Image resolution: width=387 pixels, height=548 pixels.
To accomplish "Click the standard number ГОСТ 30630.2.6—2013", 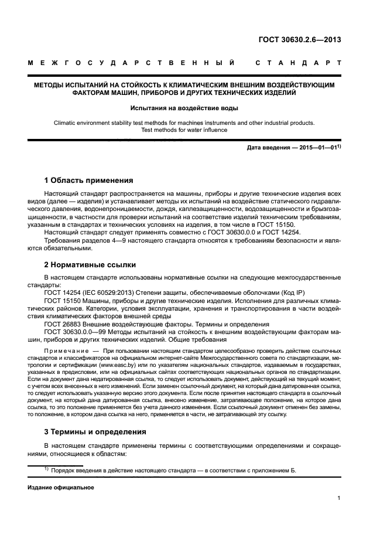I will (x=300, y=40).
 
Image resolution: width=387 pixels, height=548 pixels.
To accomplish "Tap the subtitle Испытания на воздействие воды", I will (x=184, y=108).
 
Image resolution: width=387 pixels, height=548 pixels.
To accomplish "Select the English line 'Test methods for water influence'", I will (x=184, y=130).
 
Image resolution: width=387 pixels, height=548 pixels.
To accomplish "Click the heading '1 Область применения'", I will (x=89, y=180).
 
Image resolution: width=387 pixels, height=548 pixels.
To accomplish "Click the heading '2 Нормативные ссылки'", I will (x=90, y=264).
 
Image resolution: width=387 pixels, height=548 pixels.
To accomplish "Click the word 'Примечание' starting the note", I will (x=65, y=351).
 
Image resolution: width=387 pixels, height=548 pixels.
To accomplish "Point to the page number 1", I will (x=338, y=499).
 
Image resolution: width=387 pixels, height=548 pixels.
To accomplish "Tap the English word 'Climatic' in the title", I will (x=66, y=123).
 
